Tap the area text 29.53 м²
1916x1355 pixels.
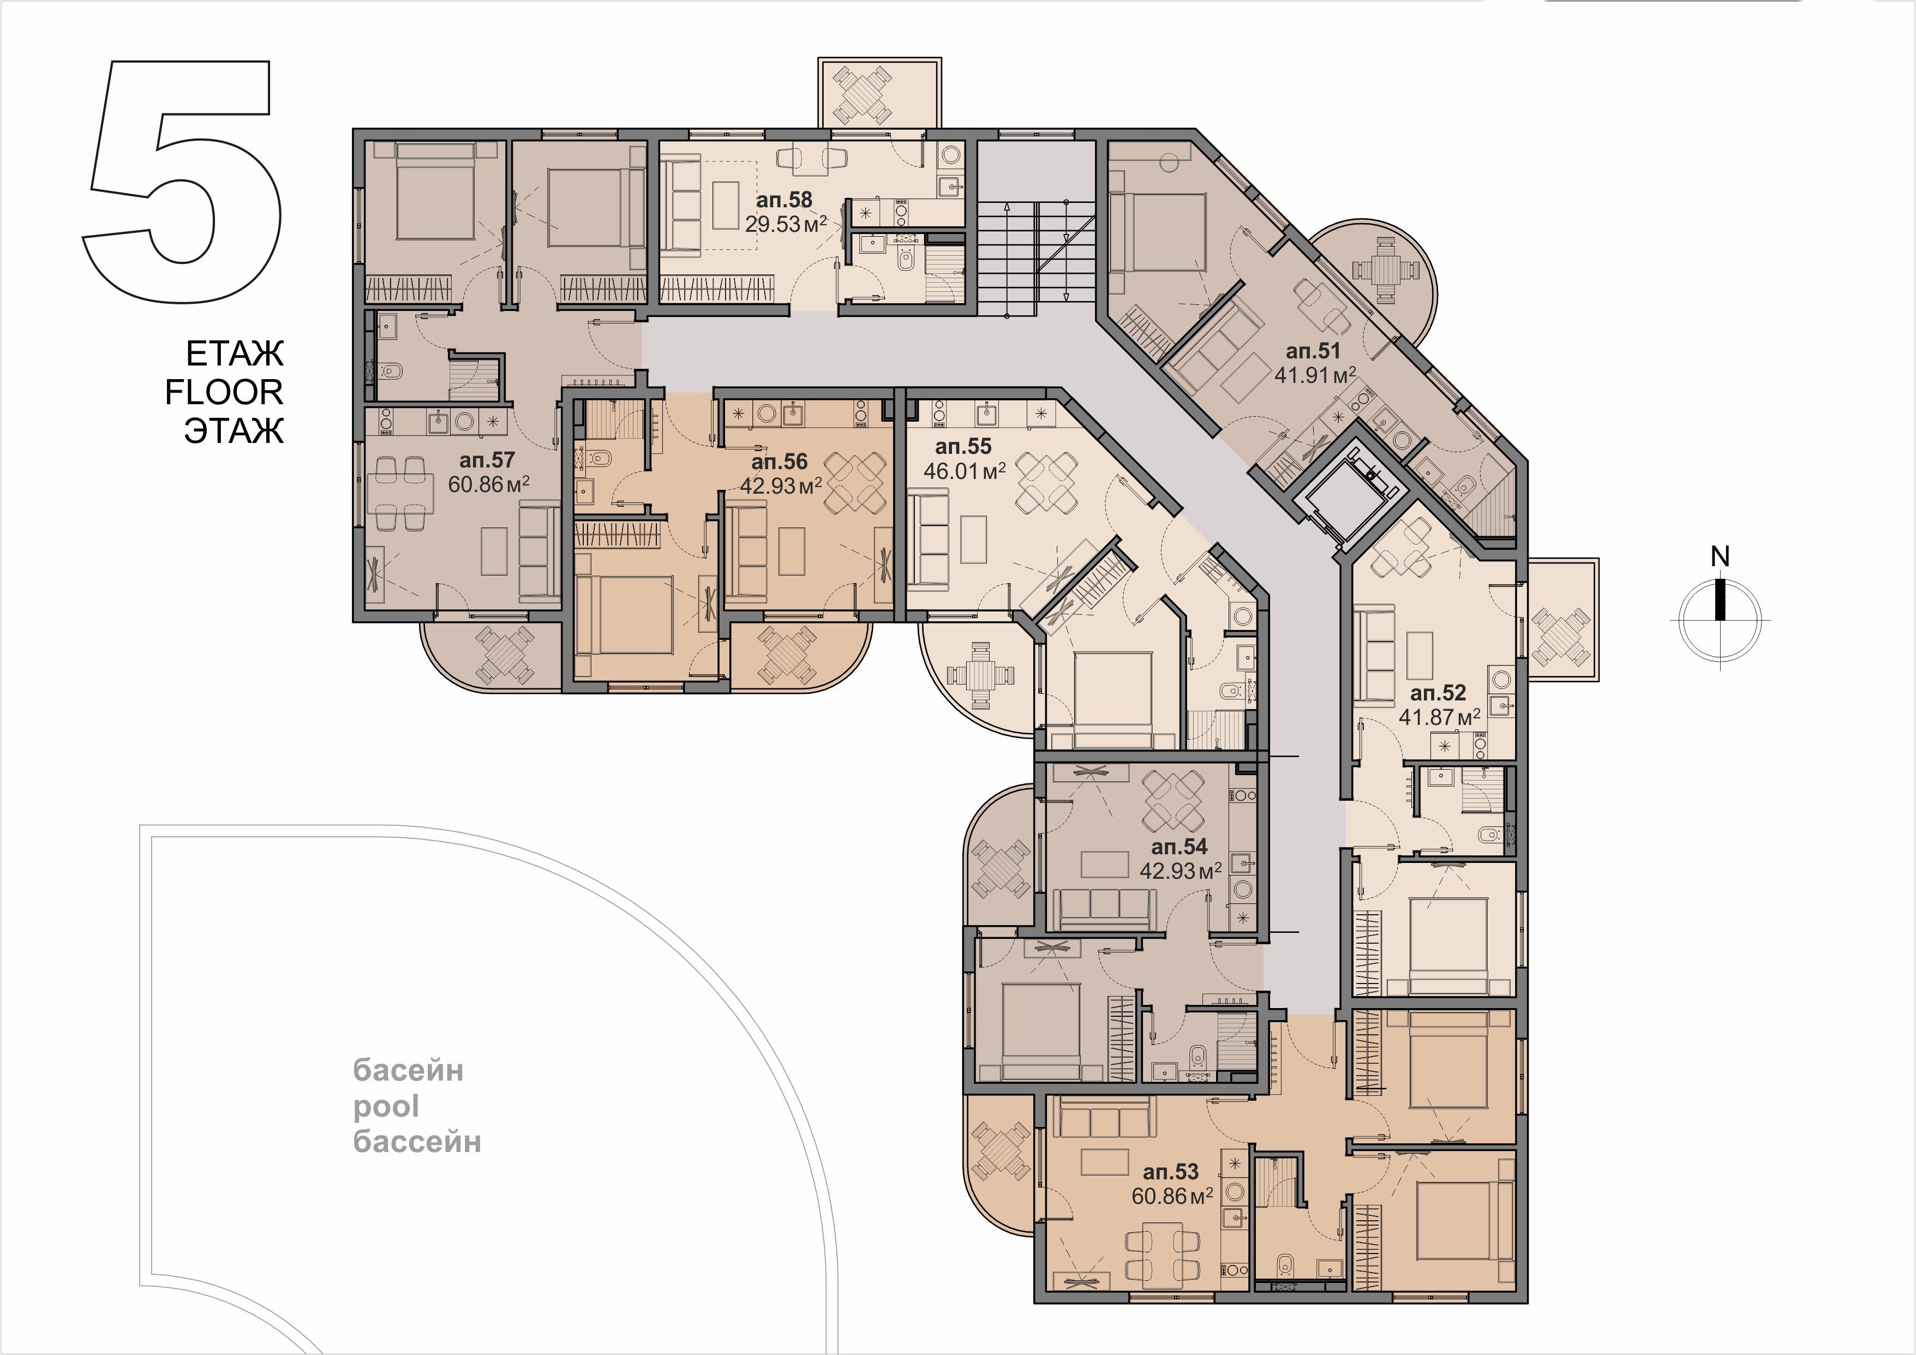[x=785, y=224]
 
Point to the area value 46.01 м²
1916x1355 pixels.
[x=964, y=471]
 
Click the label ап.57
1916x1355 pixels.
[x=487, y=460]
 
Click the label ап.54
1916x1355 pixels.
[x=1179, y=847]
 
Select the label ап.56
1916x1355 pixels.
[x=780, y=462]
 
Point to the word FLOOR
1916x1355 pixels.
[x=224, y=392]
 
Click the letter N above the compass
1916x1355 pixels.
[x=1720, y=556]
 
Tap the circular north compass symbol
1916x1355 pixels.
[x=1720, y=621]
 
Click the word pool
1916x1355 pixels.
[x=386, y=1108]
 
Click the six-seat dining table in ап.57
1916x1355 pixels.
[x=398, y=494]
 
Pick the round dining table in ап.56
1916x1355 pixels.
[x=855, y=482]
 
